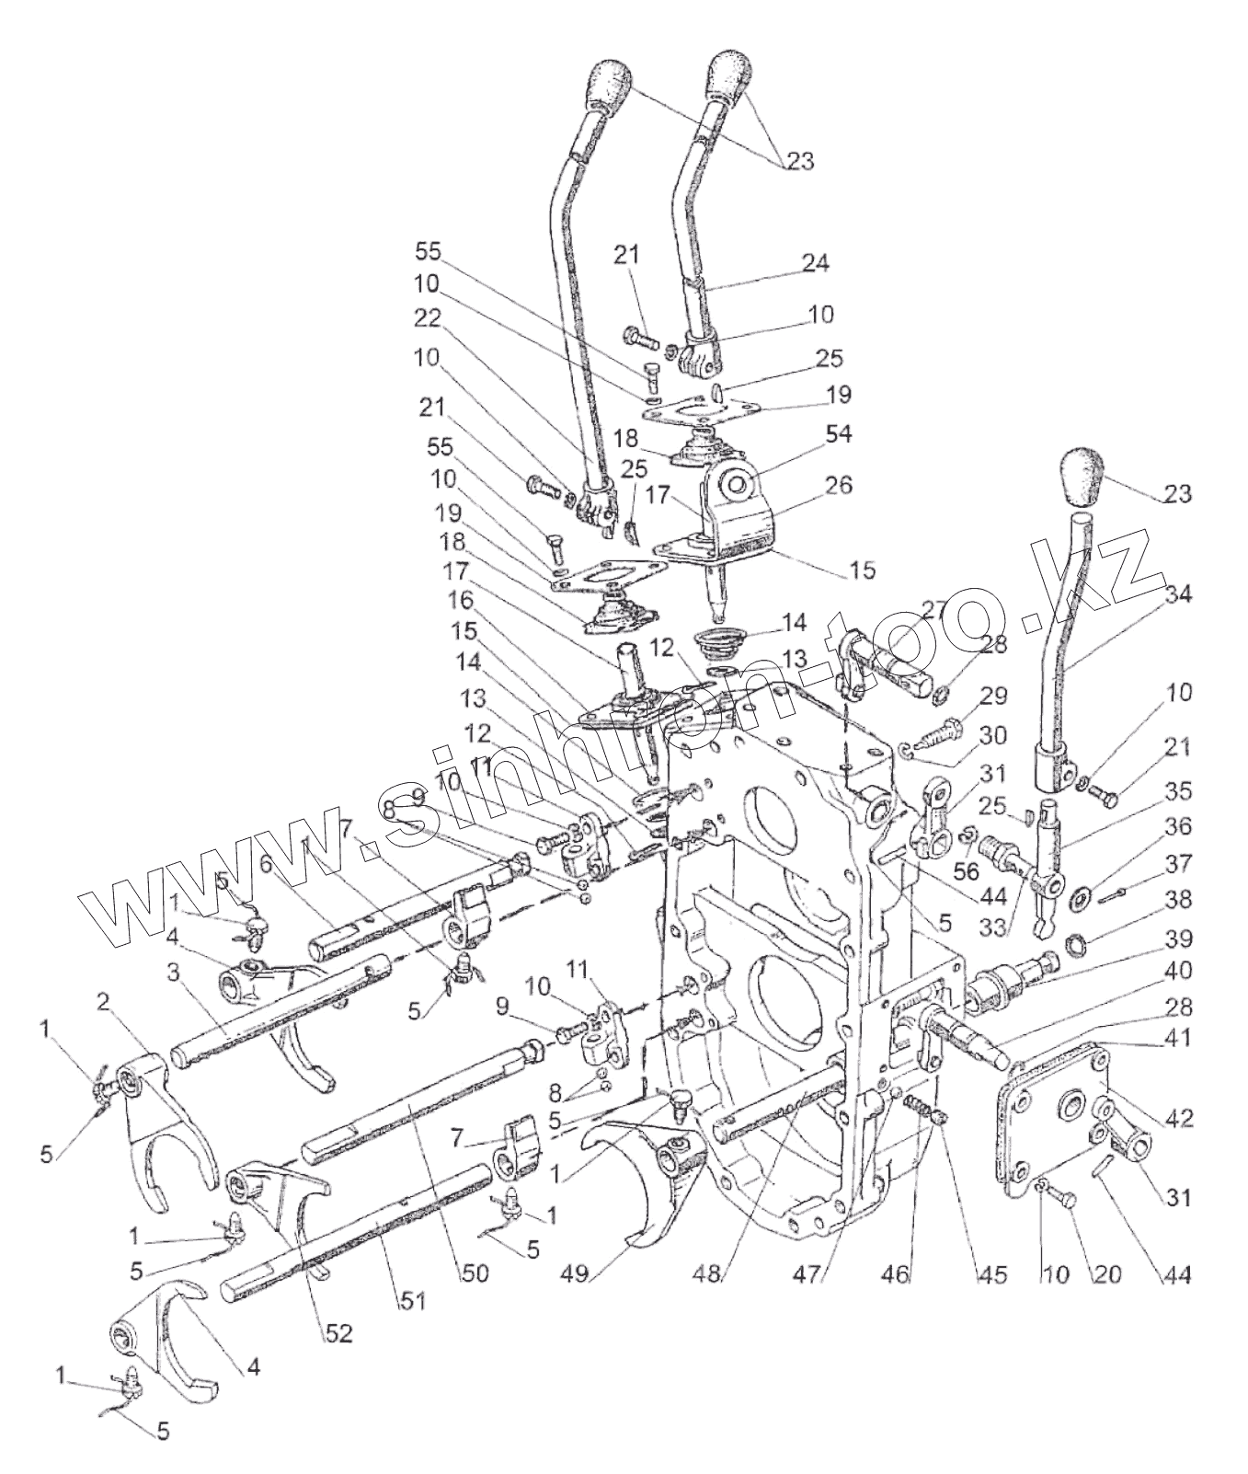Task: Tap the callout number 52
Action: (x=338, y=1332)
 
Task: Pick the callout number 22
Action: (x=428, y=317)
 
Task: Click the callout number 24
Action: (x=814, y=263)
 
